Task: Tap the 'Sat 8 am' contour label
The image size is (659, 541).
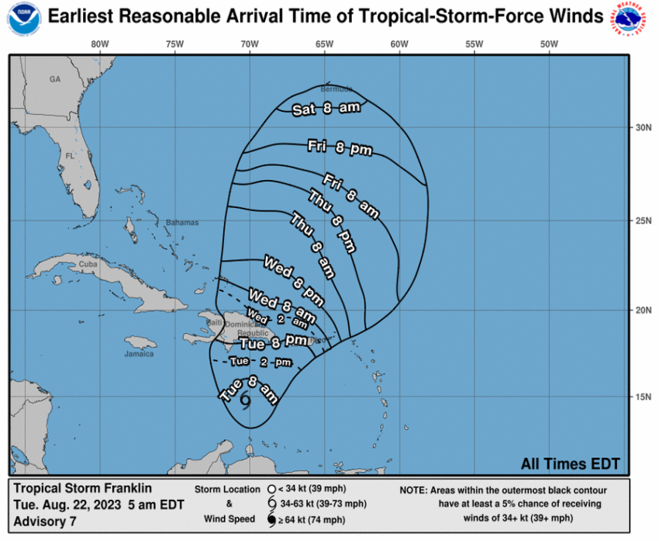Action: [326, 109]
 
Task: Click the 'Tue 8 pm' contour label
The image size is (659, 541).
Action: [273, 342]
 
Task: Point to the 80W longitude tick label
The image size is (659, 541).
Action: [100, 44]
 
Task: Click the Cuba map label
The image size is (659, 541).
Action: [88, 265]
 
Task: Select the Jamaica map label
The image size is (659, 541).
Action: [139, 354]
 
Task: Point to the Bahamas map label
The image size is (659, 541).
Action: [181, 223]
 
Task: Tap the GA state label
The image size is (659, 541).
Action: [54, 79]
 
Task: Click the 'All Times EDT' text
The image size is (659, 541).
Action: [570, 463]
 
